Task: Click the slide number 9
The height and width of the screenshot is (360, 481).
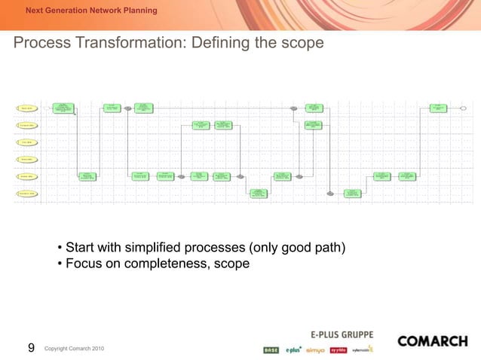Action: click(x=31, y=347)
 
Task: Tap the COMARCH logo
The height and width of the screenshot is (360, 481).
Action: click(x=432, y=341)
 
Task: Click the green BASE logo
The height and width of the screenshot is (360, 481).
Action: click(x=271, y=349)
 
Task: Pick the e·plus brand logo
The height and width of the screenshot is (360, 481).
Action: click(x=293, y=349)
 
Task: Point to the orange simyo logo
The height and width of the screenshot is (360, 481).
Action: click(x=315, y=349)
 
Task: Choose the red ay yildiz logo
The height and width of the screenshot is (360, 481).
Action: click(x=338, y=349)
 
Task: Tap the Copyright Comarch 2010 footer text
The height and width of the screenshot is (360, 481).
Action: click(x=75, y=349)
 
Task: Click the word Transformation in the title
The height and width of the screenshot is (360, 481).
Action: click(x=130, y=44)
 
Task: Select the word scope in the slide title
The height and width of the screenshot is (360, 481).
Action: click(x=302, y=44)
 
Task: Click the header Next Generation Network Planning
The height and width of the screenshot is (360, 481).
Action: click(x=91, y=11)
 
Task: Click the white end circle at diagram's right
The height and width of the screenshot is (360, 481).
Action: click(x=464, y=108)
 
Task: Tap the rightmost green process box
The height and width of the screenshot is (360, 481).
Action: click(x=438, y=108)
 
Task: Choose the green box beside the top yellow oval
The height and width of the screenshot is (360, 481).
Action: click(x=64, y=108)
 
